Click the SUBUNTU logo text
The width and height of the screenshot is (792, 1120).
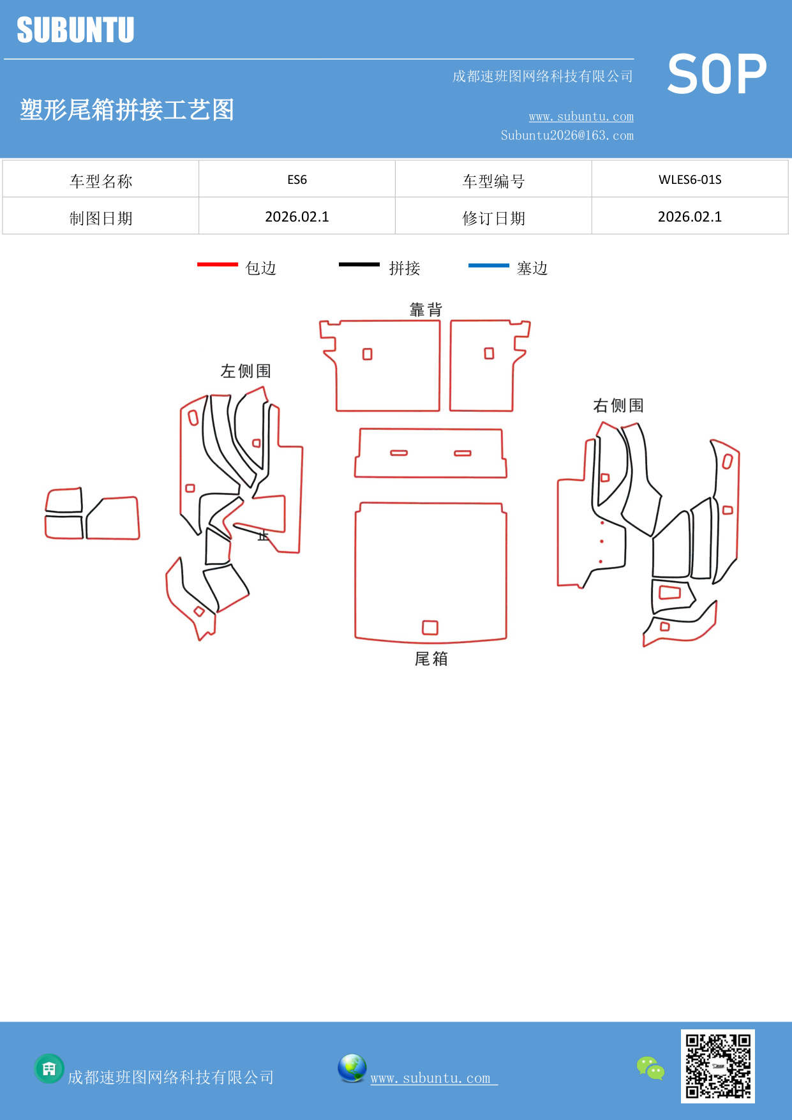[75, 30]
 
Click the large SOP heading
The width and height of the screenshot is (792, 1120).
[716, 75]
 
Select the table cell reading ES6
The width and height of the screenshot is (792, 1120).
[297, 179]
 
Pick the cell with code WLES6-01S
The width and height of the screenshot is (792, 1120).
[689, 179]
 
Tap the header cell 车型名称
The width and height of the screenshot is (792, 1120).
[101, 181]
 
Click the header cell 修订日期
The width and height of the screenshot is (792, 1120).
[493, 218]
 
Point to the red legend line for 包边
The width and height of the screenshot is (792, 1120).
[217, 264]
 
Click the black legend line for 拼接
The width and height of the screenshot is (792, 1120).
[359, 264]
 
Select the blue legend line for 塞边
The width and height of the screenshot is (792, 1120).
[488, 265]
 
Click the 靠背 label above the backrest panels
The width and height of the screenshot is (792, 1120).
[426, 310]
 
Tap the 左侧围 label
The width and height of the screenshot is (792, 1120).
[246, 371]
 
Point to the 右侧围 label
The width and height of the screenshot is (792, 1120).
[618, 405]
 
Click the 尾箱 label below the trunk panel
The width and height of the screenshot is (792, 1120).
[431, 658]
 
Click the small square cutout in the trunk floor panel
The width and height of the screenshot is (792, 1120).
[430, 627]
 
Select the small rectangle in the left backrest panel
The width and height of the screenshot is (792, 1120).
[367, 354]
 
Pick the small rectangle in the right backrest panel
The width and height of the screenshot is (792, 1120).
[489, 353]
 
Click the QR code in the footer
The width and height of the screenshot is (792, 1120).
[717, 1066]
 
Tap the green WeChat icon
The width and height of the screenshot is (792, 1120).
[650, 1068]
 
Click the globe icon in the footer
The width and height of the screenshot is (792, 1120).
[352, 1068]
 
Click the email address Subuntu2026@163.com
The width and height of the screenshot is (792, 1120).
[567, 135]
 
